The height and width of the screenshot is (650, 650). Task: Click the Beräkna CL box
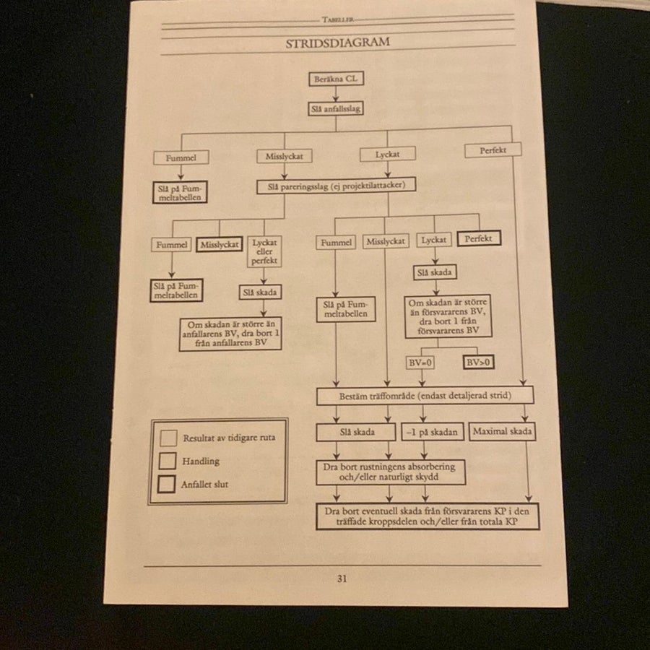[x=336, y=79]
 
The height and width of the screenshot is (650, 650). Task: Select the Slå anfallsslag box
[x=336, y=108]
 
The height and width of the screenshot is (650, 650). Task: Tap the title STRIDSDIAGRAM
[x=337, y=43]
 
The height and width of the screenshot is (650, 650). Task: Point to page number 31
[x=342, y=578]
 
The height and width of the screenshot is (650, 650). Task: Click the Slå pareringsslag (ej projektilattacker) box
[x=336, y=186]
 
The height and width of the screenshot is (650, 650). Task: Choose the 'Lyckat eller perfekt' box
[x=264, y=251]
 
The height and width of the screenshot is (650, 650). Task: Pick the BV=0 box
[x=420, y=363]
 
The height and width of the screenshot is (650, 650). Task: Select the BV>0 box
[x=478, y=363]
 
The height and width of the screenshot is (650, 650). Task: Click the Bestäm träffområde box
[x=425, y=396]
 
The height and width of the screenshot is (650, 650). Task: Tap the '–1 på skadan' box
[x=433, y=432]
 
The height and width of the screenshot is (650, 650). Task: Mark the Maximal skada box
[x=502, y=431]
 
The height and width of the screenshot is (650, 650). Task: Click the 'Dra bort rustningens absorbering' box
[x=391, y=472]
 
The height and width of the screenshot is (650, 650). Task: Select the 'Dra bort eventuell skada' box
[x=428, y=516]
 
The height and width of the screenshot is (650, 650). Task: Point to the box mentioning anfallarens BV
[x=230, y=334]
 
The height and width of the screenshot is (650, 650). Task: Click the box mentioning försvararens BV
[x=448, y=317]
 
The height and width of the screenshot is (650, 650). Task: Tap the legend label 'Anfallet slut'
[x=204, y=484]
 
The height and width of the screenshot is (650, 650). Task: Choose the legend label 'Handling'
[x=201, y=461]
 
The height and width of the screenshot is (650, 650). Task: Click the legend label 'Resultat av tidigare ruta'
[x=229, y=438]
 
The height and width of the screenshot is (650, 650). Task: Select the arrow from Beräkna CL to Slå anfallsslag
[x=336, y=94]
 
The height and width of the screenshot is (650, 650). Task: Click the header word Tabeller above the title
[x=338, y=19]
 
